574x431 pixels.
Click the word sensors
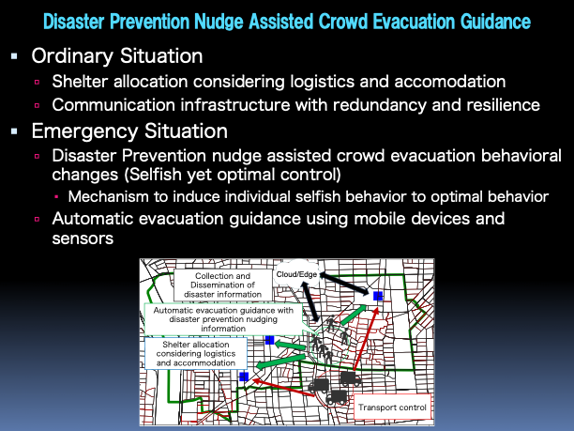click(x=83, y=239)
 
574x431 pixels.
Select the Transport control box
click(x=392, y=407)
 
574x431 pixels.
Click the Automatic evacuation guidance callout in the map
click(x=220, y=318)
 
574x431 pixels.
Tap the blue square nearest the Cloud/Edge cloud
click(x=377, y=296)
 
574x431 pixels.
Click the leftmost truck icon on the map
click(x=319, y=384)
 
